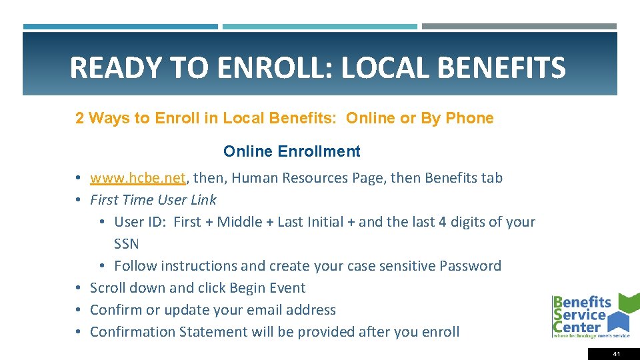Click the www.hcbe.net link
[137, 178]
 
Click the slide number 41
[616, 354]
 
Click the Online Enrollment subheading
[291, 151]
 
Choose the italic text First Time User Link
[153, 200]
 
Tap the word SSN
[127, 244]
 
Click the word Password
[470, 266]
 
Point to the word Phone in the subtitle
[469, 118]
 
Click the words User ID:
[140, 222]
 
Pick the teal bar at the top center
[319, 27]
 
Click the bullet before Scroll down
[78, 289]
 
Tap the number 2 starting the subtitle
[79, 118]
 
